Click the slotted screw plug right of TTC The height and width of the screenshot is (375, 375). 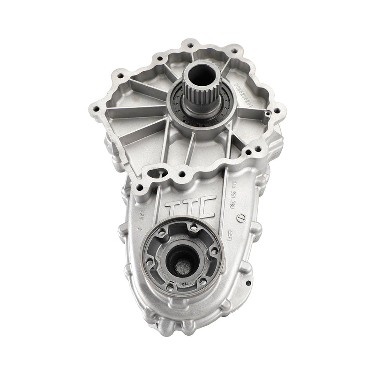(x=241, y=217)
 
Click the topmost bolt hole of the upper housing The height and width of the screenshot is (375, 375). (x=190, y=46)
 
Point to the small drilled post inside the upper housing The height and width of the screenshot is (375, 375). (x=265, y=114)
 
